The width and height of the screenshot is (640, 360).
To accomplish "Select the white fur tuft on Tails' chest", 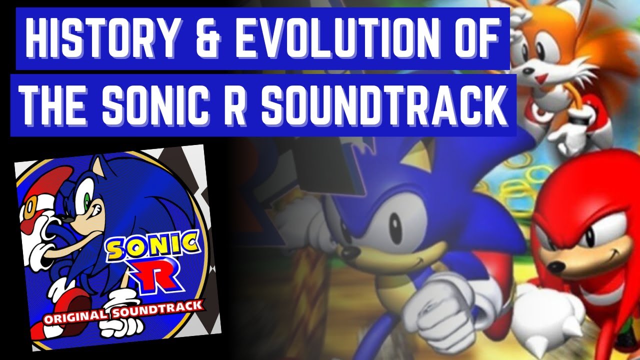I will pos(570,75).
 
